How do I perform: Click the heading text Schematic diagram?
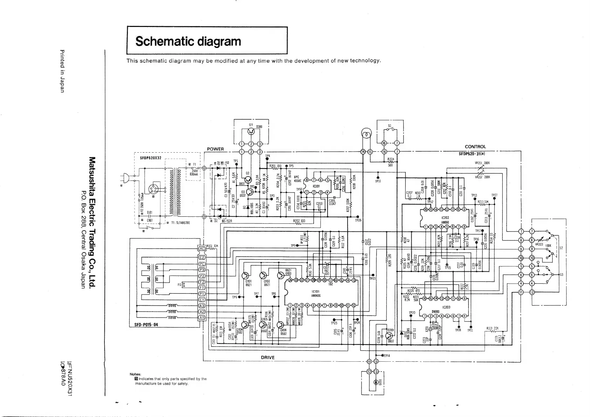(x=188, y=41)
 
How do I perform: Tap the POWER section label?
(x=215, y=149)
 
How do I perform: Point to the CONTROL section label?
(x=475, y=147)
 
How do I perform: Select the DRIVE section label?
(x=268, y=357)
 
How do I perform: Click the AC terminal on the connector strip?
(x=202, y=249)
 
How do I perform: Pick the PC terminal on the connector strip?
(x=202, y=264)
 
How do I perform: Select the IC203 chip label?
(x=446, y=307)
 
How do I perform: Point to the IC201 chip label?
(x=316, y=186)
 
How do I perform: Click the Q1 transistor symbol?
(x=251, y=131)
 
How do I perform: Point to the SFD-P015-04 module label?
(x=146, y=325)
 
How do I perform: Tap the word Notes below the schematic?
(x=135, y=374)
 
